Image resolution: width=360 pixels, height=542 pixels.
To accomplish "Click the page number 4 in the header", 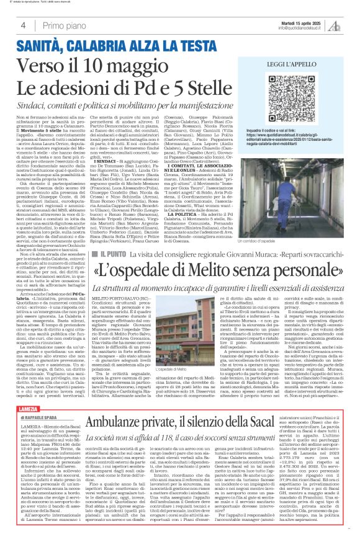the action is (23, 25).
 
